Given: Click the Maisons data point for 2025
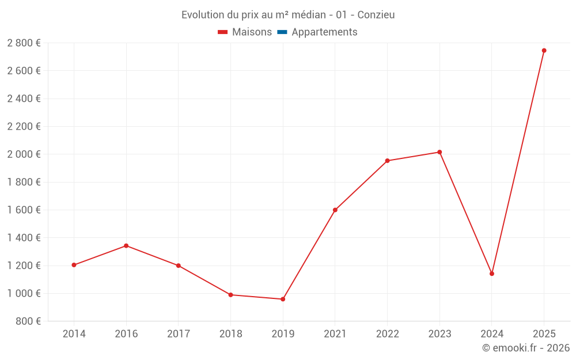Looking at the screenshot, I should [x=544, y=51].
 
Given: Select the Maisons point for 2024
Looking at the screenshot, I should [x=492, y=274].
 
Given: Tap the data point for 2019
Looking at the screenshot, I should [x=283, y=299].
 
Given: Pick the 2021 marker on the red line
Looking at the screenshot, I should [x=335, y=210].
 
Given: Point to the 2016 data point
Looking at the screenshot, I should [x=126, y=246].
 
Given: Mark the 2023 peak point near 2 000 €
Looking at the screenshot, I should [x=439, y=152].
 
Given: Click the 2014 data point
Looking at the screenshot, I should [x=74, y=265].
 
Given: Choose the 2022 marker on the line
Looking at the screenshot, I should [x=387, y=161].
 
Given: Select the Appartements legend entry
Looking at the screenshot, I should [x=324, y=32].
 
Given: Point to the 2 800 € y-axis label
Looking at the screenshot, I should [x=24, y=43].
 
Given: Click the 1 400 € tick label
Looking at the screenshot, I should [x=24, y=238].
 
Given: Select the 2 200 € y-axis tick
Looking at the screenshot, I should [x=24, y=127].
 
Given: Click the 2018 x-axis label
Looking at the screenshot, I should [x=230, y=334].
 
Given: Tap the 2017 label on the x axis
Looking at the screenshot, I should [x=178, y=334].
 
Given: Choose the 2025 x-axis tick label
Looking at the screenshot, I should [x=544, y=334].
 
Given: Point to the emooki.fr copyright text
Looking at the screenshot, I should [x=526, y=348].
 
